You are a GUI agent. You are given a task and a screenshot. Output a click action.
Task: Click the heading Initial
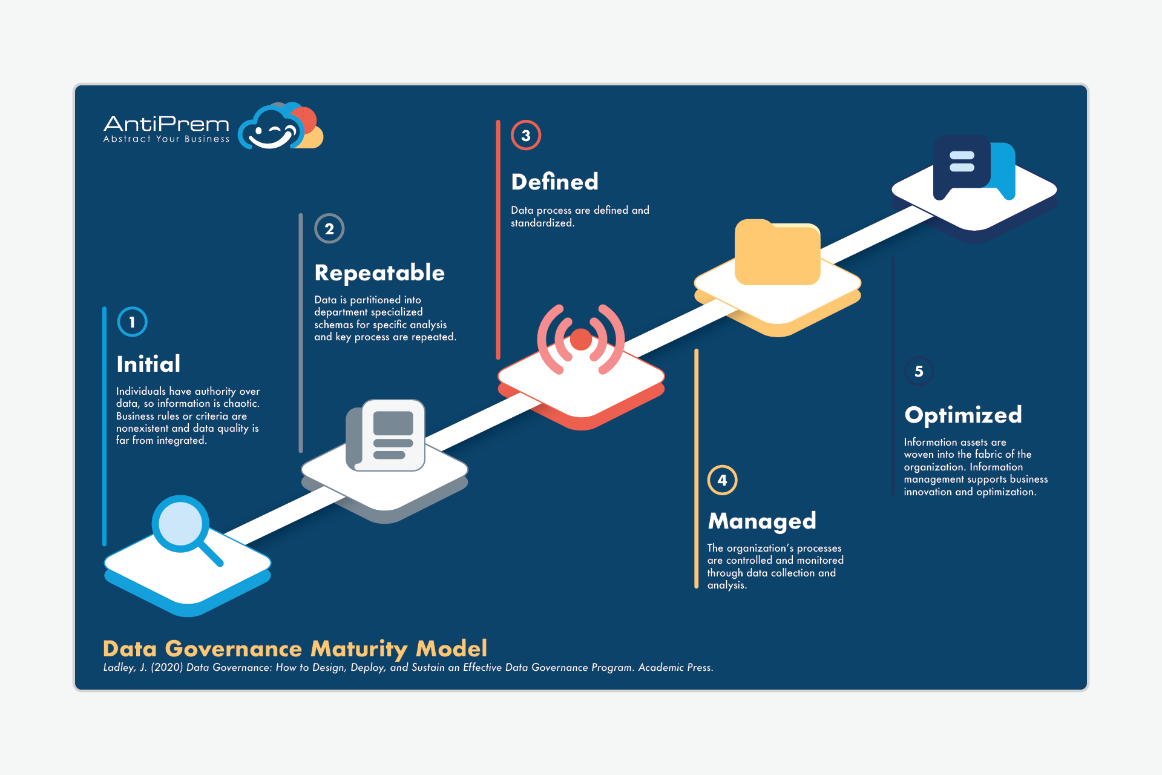pyautogui.click(x=148, y=364)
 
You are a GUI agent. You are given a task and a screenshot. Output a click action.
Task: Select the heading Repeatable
pyautogui.click(x=379, y=273)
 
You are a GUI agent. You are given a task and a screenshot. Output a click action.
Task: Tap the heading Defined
pyautogui.click(x=555, y=182)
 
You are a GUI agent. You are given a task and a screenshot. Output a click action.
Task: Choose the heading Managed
pyautogui.click(x=762, y=521)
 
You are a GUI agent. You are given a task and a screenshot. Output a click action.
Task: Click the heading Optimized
pyautogui.click(x=963, y=415)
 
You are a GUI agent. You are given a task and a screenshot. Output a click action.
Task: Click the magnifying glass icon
pyautogui.click(x=186, y=529)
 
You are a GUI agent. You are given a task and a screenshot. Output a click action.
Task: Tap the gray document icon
pyautogui.click(x=386, y=435)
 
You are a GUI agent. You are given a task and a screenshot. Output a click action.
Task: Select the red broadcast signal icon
pyautogui.click(x=581, y=340)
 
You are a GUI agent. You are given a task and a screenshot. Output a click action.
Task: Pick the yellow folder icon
pyautogui.click(x=778, y=252)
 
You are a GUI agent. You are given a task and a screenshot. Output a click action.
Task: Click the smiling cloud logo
pyautogui.click(x=280, y=126)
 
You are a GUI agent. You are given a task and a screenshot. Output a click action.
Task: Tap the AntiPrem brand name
pyautogui.click(x=166, y=124)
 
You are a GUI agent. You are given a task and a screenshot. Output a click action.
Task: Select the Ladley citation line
pyautogui.click(x=408, y=667)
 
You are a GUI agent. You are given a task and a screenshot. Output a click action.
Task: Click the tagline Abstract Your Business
pyautogui.click(x=166, y=139)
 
